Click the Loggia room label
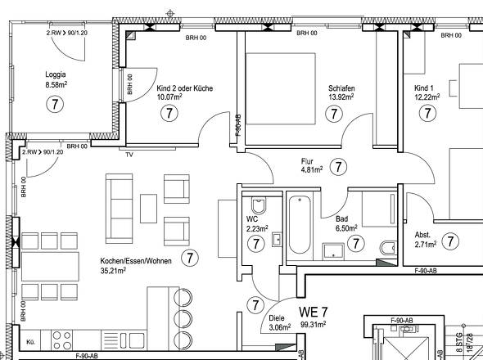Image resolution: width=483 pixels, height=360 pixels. (56, 74)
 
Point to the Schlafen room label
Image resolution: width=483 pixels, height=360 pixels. (341, 88)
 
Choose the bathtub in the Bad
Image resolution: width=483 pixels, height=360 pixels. (298, 224)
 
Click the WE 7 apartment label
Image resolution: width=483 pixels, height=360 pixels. (314, 312)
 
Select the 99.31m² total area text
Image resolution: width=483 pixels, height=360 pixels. (313, 324)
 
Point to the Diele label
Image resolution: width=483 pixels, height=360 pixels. (277, 319)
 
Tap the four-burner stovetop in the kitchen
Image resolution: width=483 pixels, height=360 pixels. (63, 340)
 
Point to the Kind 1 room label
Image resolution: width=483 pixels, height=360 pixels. (424, 88)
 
